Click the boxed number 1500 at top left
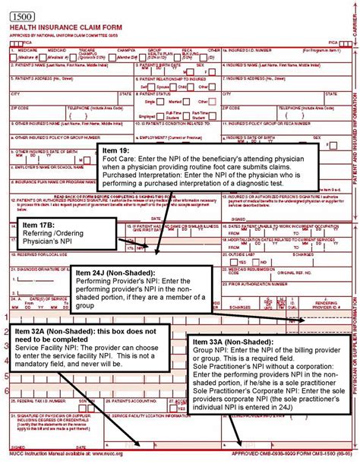pyautogui.click(x=22, y=8)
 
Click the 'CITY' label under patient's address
pyautogui.click(x=15, y=93)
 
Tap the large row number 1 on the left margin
pyautogui.click(x=6, y=317)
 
